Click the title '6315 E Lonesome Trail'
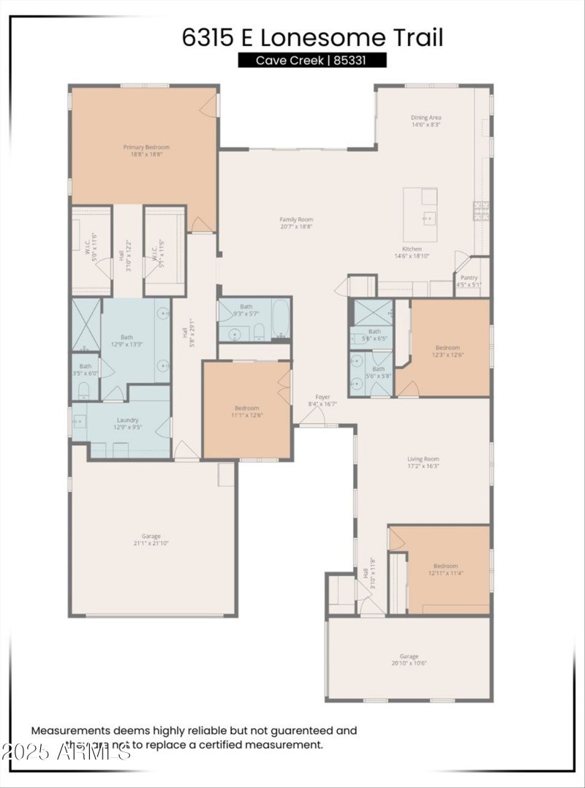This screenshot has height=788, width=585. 312,38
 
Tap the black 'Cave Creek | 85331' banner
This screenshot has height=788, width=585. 312,61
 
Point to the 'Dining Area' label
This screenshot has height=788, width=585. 426,117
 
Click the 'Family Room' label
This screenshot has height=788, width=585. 296,219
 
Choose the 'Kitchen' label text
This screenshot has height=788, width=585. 412,249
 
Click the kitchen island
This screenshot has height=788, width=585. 420,215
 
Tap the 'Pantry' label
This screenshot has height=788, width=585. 469,278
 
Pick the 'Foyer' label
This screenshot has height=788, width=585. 322,397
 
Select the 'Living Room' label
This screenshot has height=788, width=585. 423,459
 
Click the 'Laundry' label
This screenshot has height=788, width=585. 127,420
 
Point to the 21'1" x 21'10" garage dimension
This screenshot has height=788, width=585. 151,543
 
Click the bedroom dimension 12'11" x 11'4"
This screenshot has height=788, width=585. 445,574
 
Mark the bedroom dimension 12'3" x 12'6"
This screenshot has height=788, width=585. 448,355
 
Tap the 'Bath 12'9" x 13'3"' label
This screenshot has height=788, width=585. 127,341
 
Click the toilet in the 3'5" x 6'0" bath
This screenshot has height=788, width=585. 83,389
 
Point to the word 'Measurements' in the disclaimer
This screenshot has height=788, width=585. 69,730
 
